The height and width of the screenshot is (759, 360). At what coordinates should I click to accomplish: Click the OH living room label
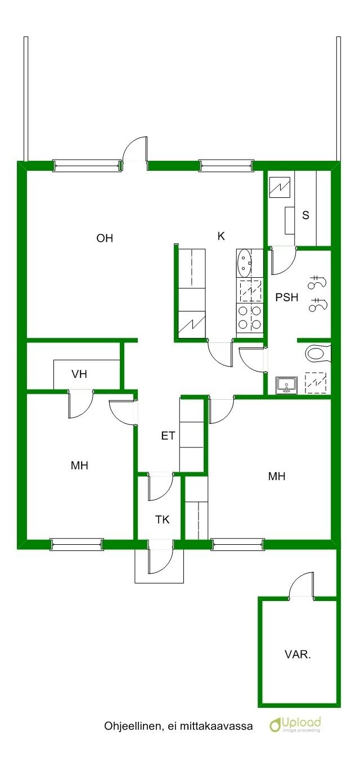click(x=105, y=238)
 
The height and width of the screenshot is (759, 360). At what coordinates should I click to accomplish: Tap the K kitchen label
click(x=221, y=236)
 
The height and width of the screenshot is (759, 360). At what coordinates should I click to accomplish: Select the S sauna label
click(x=306, y=215)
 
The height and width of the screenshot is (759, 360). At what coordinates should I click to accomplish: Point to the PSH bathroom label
click(x=287, y=297)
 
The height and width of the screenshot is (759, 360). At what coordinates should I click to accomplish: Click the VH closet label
click(x=79, y=374)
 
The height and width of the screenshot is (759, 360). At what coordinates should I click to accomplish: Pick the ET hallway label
click(x=168, y=436)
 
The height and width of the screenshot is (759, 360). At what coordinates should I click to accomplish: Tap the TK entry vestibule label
click(x=163, y=520)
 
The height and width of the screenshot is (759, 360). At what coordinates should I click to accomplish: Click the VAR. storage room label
click(x=298, y=654)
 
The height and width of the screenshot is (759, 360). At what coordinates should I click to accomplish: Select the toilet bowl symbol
click(x=318, y=353)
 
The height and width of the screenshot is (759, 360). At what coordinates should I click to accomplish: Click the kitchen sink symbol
click(x=244, y=263)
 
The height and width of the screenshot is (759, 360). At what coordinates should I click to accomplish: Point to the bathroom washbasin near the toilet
click(x=286, y=385)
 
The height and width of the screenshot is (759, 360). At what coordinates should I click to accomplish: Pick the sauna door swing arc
click(x=284, y=263)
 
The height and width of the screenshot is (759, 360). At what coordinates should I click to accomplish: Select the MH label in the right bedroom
click(x=277, y=476)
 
